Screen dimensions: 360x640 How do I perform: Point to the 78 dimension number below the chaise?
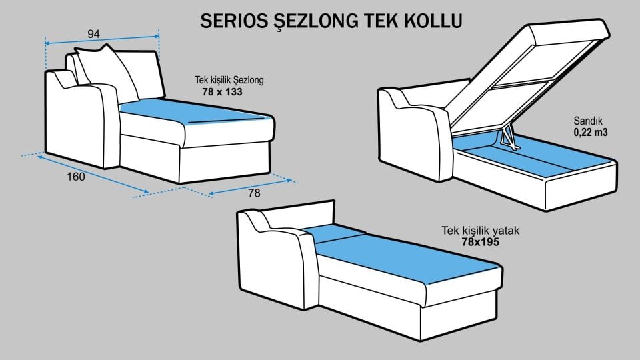(x=254, y=193)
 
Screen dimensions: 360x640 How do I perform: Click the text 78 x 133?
(x=222, y=92)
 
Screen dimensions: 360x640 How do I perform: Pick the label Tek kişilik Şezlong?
(x=229, y=80)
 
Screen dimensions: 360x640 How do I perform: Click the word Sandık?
(x=588, y=121)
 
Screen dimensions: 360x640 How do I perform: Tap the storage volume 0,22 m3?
(x=590, y=133)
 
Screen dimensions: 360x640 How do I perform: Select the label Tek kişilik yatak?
(x=480, y=231)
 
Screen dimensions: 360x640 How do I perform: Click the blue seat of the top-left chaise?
(x=193, y=113)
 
